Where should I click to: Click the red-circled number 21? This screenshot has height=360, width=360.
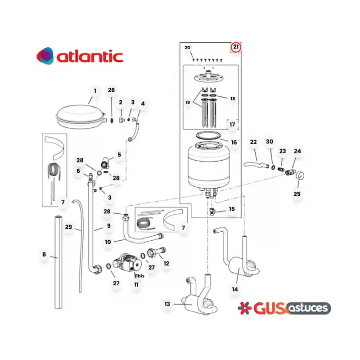point(236,47)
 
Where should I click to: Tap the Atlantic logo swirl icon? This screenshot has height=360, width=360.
point(45,56)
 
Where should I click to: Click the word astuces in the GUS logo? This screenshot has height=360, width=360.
point(308,308)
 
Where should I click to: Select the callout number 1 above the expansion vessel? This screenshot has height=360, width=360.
point(95,91)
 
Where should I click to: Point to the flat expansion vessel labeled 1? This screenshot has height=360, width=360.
point(81,117)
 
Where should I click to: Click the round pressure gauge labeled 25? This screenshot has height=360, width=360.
point(300,175)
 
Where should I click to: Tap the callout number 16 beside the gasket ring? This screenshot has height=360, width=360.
point(234,142)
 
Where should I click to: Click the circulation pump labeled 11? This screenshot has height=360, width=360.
point(127,263)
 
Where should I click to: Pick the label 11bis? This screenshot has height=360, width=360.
point(139,276)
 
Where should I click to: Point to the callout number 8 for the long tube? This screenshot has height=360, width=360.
point(44,254)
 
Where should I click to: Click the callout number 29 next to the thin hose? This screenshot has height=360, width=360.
point(68,227)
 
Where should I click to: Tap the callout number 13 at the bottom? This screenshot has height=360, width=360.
point(167,304)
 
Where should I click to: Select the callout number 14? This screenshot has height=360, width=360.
point(235,289)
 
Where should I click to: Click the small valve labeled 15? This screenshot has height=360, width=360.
point(212,211)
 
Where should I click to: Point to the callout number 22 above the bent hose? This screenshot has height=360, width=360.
point(253,142)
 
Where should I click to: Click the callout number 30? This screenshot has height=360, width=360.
point(270,141)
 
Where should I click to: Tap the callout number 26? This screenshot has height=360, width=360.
point(111,90)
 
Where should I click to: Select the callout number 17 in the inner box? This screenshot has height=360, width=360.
point(232,125)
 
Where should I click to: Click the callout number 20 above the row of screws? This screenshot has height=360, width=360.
point(187,48)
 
